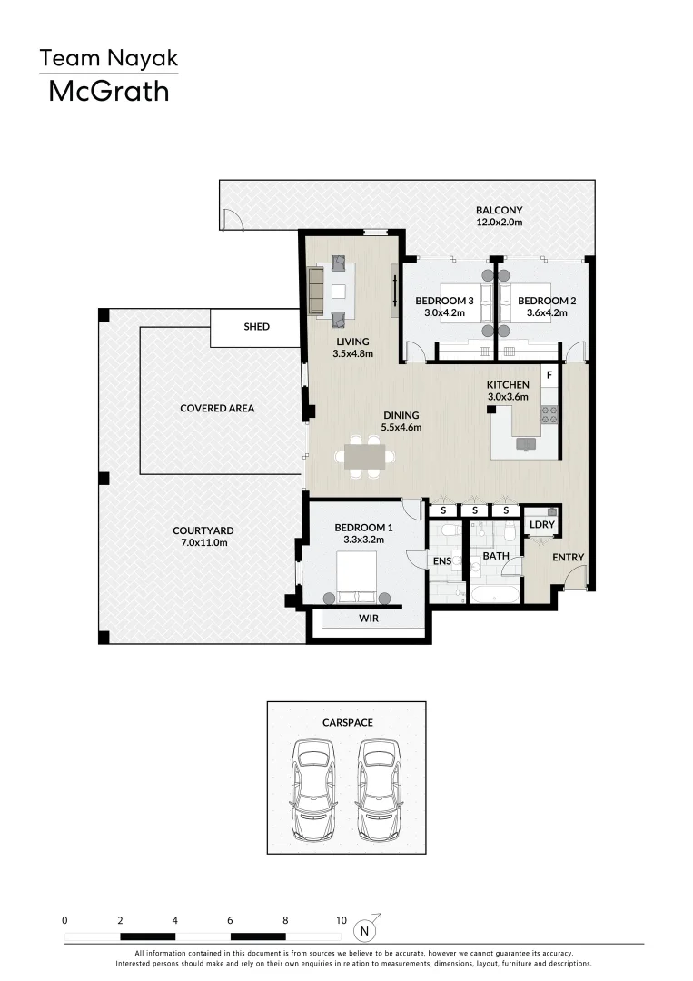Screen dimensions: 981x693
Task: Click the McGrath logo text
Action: [x=108, y=91]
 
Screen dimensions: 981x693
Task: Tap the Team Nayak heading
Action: [x=108, y=59]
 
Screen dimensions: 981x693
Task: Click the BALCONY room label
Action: [x=499, y=215]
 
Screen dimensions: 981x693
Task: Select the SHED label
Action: [x=257, y=327]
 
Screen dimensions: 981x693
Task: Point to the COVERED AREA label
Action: [x=217, y=409]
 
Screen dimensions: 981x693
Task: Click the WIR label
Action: [x=368, y=619]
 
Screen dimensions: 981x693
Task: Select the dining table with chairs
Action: [x=367, y=456]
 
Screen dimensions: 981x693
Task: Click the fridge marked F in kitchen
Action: [x=549, y=373]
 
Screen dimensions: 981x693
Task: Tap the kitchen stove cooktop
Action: [x=549, y=414]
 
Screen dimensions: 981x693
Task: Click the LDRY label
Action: [x=541, y=525]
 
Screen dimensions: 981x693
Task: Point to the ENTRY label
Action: [x=568, y=558]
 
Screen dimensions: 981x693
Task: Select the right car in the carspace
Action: [x=379, y=789]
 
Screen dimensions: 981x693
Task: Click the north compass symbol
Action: [x=365, y=929]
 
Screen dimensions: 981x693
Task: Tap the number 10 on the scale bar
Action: [x=341, y=920]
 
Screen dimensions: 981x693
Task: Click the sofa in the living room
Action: [x=317, y=291]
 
